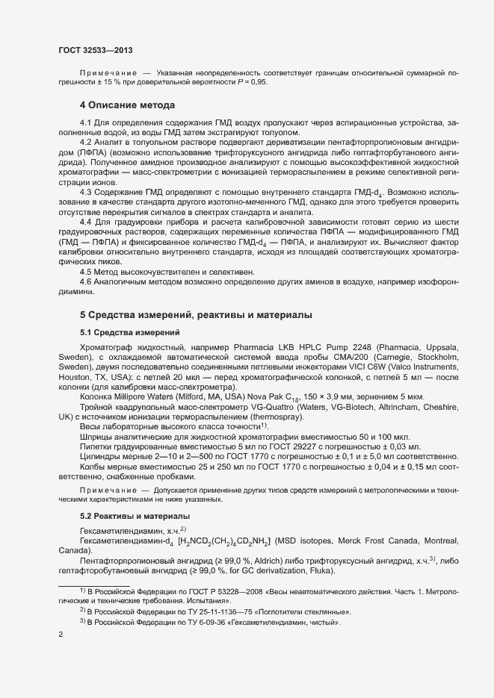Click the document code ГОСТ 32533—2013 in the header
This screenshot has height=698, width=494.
pos(96,49)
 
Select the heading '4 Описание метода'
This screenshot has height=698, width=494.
pos(127,105)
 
